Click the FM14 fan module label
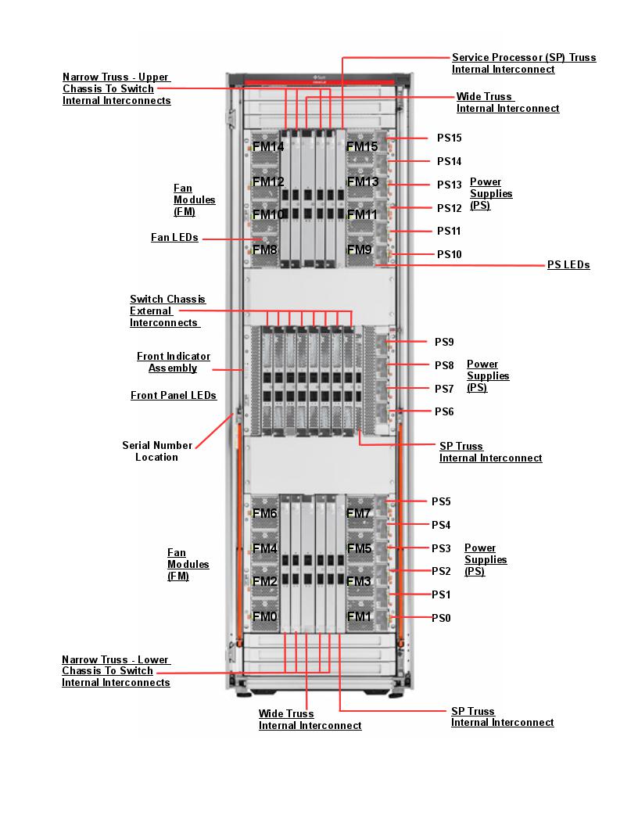(x=268, y=146)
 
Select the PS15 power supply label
(x=449, y=138)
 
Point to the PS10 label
(x=449, y=254)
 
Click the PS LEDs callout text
(x=568, y=265)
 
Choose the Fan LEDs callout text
(x=174, y=237)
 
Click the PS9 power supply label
(x=444, y=342)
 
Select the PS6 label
(x=444, y=411)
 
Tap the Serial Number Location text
(x=156, y=451)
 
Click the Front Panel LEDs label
(x=174, y=396)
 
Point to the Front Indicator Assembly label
(x=174, y=362)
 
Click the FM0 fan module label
(x=264, y=616)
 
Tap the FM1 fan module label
(x=359, y=616)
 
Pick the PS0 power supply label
(x=442, y=618)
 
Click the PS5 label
(x=442, y=501)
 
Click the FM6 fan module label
(x=264, y=513)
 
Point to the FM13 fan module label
(x=362, y=182)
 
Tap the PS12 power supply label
(x=449, y=208)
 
